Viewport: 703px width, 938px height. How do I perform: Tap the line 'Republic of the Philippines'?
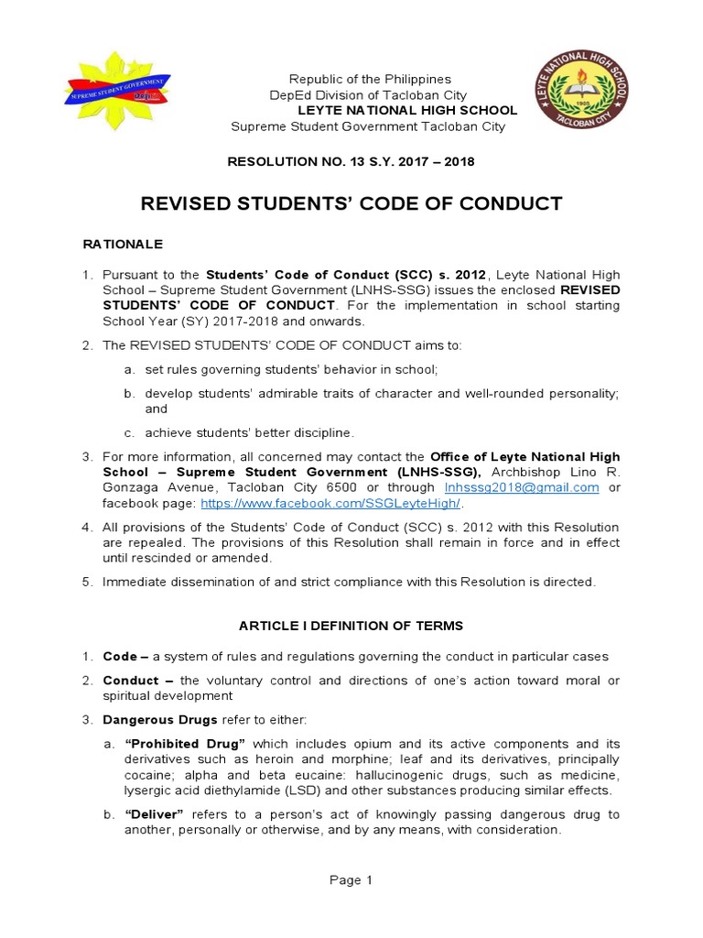tap(370, 80)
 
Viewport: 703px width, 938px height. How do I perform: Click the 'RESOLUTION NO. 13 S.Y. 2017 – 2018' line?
tap(351, 162)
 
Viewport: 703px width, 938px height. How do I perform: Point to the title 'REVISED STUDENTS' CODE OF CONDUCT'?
tap(351, 203)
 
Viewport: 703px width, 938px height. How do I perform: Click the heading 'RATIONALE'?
tap(123, 245)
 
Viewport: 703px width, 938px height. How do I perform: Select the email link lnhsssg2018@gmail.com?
tap(522, 487)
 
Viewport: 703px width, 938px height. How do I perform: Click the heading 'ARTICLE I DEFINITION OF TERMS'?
tap(351, 626)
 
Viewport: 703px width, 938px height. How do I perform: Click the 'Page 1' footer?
tap(351, 880)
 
